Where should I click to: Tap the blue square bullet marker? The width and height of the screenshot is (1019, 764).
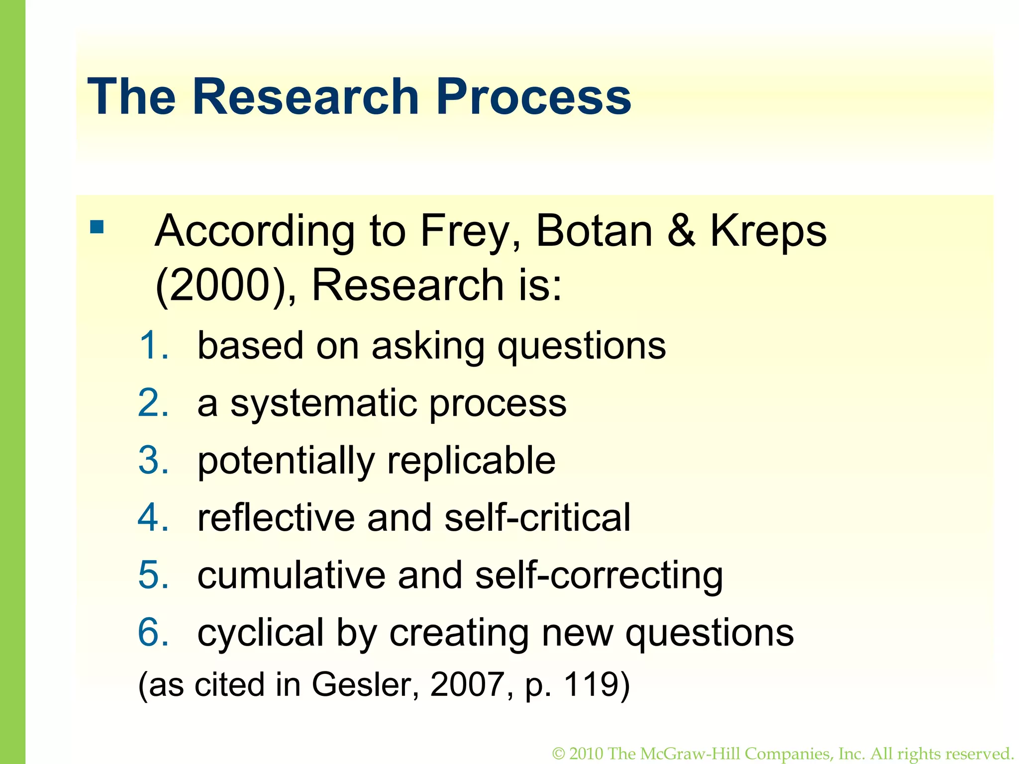(x=97, y=227)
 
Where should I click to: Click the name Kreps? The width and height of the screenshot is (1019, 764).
(x=768, y=231)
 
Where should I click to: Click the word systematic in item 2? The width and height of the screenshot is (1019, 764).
(x=323, y=403)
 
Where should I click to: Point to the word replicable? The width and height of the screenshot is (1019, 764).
(x=471, y=461)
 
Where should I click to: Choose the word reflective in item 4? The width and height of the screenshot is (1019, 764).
(x=276, y=517)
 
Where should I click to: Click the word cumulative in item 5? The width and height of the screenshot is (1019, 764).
(x=291, y=575)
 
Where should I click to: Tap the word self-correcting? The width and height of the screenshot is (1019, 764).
(x=599, y=575)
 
